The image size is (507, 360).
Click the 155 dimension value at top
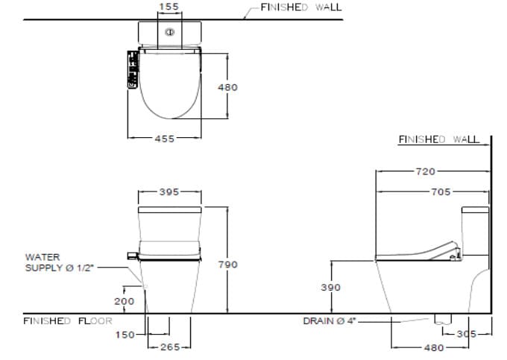click(x=170, y=7)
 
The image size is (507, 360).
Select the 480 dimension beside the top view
click(x=227, y=87)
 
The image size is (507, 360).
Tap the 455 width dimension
click(x=165, y=139)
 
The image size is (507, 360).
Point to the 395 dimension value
click(x=170, y=192)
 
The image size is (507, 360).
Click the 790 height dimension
click(x=227, y=265)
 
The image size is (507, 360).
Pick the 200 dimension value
click(x=124, y=301)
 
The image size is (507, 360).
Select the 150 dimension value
click(x=125, y=335)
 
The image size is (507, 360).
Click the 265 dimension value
click(x=171, y=347)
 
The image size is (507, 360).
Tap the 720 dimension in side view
click(x=425, y=171)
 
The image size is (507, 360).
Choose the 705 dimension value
click(x=441, y=192)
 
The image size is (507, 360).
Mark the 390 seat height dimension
click(x=330, y=287)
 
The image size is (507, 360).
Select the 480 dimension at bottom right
click(x=434, y=347)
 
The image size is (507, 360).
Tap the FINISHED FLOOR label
click(x=67, y=321)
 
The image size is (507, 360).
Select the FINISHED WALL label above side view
click(x=438, y=139)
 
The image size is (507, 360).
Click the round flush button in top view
click(x=170, y=33)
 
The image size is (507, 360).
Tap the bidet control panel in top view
click(x=133, y=70)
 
